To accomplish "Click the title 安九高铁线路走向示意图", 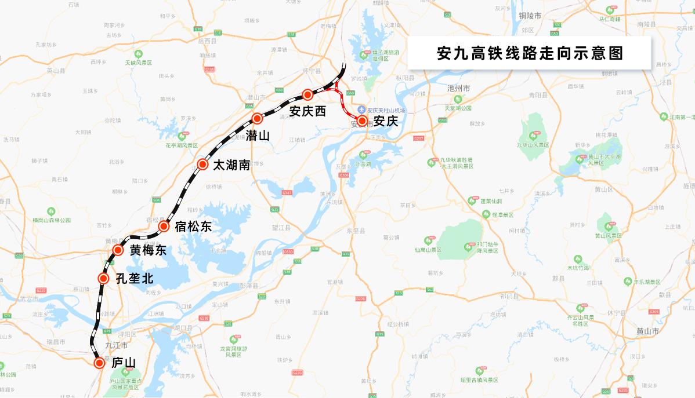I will [529, 54].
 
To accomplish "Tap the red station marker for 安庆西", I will [308, 95].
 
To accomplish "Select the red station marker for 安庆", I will [362, 121].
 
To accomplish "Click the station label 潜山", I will [258, 136].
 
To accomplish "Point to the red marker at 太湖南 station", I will [202, 165].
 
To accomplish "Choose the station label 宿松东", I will [193, 227].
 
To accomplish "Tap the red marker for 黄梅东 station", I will [118, 250].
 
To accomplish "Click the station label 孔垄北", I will [135, 279].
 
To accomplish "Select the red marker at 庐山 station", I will [99, 363].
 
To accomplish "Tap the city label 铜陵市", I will [530, 16].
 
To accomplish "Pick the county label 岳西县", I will [207, 42].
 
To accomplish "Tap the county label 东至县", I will [355, 231].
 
